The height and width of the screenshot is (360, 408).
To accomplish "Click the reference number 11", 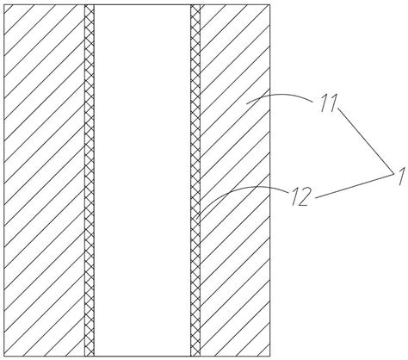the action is pyautogui.click(x=329, y=103).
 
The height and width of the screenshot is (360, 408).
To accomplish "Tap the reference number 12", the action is pyautogui.click(x=300, y=197).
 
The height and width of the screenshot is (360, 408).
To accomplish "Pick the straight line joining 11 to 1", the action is pyautogui.click(x=366, y=140).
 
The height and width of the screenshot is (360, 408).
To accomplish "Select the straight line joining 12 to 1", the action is pyautogui.click(x=355, y=185).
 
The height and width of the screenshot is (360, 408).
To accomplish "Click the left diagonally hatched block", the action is pyautogui.click(x=44, y=180).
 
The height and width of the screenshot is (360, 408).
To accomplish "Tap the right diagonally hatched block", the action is pyautogui.click(x=235, y=180).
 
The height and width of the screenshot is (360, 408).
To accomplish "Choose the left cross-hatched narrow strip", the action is pyautogui.click(x=90, y=180).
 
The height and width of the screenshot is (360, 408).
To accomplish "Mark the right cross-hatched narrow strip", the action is pyautogui.click(x=195, y=180).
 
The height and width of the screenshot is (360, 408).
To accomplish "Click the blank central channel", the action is pyautogui.click(x=142, y=180).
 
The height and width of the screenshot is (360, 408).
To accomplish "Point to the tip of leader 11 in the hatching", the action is pyautogui.click(x=247, y=104).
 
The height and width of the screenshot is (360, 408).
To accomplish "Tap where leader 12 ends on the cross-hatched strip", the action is pyautogui.click(x=196, y=220).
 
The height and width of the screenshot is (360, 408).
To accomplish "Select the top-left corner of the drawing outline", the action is pyautogui.click(x=4, y=4).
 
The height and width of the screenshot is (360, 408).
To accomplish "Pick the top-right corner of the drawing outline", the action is pyautogui.click(x=270, y=4).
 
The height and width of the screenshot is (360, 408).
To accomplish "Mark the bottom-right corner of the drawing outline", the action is pyautogui.click(x=270, y=356).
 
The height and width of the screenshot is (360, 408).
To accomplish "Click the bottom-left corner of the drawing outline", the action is pyautogui.click(x=4, y=356).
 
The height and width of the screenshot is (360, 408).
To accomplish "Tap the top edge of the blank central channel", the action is pyautogui.click(x=142, y=4).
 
